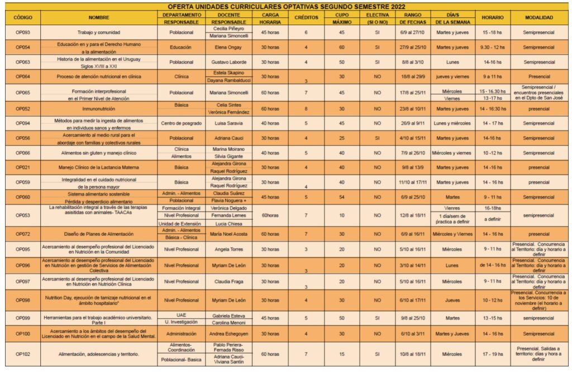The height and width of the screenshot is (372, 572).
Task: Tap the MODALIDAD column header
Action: click(538, 17)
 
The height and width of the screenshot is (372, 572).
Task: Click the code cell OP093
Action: click(22, 32)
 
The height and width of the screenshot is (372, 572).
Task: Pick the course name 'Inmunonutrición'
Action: click(98, 109)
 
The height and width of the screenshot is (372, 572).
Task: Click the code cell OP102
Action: click(22, 354)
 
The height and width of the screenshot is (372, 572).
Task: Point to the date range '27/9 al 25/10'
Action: click(413, 47)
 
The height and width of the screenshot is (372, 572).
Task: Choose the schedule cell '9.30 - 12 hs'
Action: click(492, 47)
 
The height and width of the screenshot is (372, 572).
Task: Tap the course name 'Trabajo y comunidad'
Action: click(98, 32)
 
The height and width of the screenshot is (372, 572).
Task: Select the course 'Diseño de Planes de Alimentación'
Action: click(98, 234)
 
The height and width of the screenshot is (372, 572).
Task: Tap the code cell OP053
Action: click(22, 215)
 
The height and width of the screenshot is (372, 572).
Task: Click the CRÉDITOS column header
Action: click(306, 17)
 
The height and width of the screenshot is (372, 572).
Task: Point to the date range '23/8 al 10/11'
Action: click(413, 109)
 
